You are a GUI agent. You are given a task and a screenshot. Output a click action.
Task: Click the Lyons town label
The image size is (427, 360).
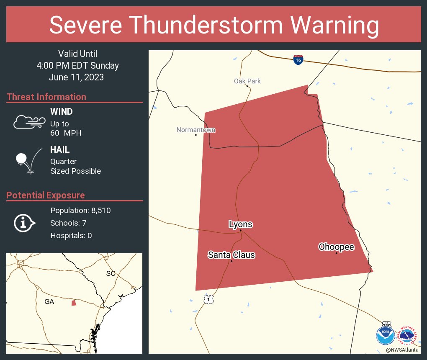point(240,224)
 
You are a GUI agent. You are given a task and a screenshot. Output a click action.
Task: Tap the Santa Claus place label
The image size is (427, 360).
point(231,255)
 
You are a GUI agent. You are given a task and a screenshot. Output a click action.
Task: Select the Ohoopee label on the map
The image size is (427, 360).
point(336,247)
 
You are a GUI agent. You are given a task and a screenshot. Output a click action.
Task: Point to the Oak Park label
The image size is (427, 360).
point(247,81)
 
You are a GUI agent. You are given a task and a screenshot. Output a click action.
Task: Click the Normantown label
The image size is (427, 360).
point(195,130)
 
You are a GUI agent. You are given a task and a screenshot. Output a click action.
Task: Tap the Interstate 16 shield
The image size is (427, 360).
point(298,59)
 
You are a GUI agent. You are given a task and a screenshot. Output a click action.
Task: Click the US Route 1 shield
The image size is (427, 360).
point(209,299)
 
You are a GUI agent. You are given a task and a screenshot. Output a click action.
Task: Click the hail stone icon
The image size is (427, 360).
point(21,159)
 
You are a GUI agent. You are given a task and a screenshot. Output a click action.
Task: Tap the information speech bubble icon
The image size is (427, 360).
point(24,223)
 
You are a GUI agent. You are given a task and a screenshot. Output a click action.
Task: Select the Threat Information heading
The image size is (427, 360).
point(46,97)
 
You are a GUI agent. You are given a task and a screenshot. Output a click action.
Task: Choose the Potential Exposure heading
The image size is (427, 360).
point(46,195)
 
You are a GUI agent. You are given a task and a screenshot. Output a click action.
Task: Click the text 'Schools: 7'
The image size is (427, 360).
point(68,223)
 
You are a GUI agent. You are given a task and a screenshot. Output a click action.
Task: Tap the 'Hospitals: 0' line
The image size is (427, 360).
point(71,236)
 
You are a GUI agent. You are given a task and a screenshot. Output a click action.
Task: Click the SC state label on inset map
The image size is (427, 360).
point(111,273)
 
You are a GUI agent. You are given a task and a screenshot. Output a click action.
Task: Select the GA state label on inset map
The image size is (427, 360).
point(49,301)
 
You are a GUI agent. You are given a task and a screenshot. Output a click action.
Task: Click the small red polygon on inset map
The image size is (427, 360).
point(74,303)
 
